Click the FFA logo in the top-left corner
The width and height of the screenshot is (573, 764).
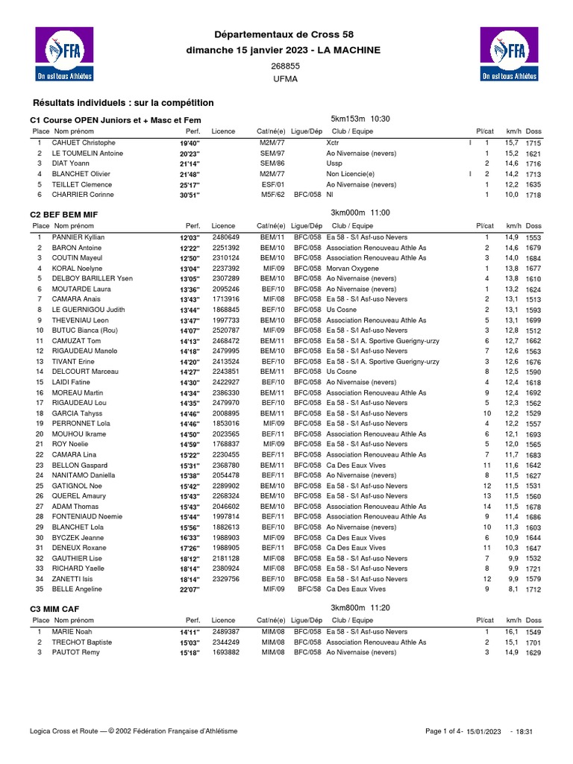click(66, 54)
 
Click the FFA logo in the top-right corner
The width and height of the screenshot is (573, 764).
click(508, 54)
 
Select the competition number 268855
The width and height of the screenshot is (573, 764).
click(285, 66)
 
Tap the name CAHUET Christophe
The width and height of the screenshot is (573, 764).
click(83, 143)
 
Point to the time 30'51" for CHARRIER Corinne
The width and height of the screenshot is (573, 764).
click(190, 195)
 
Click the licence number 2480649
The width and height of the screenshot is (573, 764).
click(226, 237)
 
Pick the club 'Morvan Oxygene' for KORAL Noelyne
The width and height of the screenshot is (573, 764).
click(351, 269)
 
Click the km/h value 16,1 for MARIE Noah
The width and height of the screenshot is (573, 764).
click(511, 632)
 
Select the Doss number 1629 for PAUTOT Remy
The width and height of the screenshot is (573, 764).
click(533, 653)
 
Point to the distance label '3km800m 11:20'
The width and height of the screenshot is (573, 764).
click(360, 608)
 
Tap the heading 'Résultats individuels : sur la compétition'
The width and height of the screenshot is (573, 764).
click(123, 102)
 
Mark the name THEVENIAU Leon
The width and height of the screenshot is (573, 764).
click(79, 320)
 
